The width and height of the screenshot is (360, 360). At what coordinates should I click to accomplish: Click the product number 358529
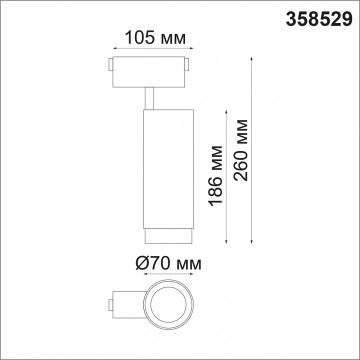click(319, 19)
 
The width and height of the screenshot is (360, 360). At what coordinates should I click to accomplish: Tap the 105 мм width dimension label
click(155, 37)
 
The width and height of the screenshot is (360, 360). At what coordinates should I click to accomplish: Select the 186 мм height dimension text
click(215, 175)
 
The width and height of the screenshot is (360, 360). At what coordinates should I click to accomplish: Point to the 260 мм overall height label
click(240, 150)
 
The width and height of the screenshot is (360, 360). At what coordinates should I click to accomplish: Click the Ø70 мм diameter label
click(168, 263)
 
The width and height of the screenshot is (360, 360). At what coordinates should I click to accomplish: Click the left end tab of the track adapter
click(110, 64)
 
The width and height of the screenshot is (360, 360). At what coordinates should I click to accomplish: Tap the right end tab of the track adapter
click(186, 64)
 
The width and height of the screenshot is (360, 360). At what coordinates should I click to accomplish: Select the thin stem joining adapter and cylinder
click(149, 98)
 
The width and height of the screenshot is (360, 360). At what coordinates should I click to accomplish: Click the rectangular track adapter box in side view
click(149, 72)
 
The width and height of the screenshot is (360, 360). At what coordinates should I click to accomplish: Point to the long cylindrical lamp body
click(168, 169)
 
